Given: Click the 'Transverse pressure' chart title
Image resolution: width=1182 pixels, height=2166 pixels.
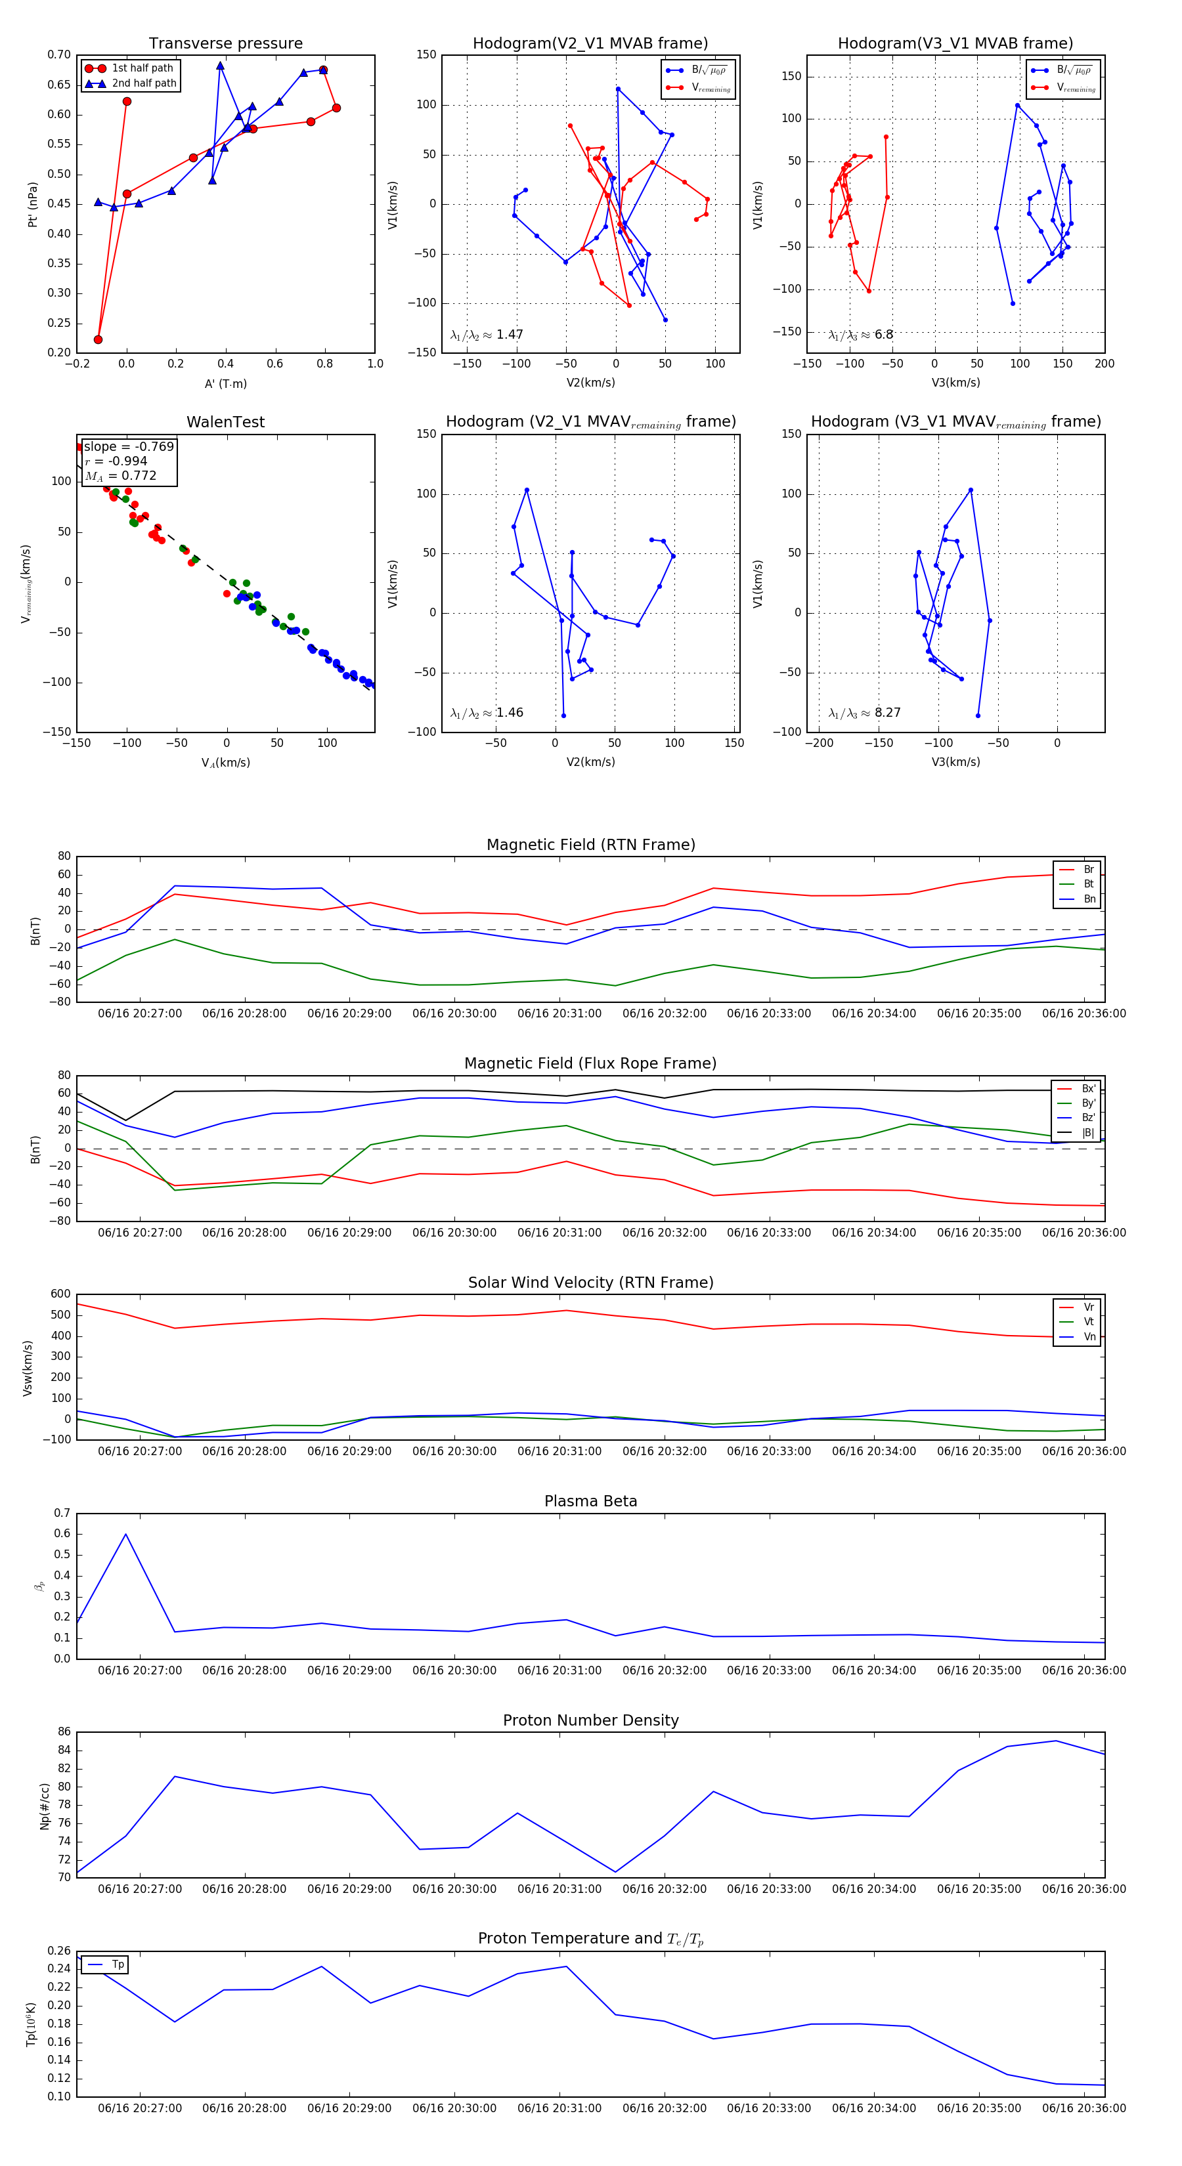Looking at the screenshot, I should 225,44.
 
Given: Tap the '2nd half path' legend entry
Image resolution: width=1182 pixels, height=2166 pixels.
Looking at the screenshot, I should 144,83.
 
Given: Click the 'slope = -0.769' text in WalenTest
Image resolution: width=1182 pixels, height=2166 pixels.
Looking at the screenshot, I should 129,446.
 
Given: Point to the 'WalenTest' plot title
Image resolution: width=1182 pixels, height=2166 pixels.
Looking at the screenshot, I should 225,422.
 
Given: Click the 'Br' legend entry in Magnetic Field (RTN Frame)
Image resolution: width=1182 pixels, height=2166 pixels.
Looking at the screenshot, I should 1089,870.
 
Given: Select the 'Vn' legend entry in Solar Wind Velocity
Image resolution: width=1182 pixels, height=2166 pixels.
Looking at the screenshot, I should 1089,1336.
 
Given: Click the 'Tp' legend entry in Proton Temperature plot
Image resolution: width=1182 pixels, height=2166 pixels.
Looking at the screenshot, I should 118,1964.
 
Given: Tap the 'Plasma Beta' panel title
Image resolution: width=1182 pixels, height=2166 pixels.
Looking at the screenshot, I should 590,1501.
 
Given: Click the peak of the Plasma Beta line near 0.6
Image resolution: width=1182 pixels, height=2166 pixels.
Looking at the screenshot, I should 126,1534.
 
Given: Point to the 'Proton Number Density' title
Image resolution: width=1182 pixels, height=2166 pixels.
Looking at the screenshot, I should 590,1720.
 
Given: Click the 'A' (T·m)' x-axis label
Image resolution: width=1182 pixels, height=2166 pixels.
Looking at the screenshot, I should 225,383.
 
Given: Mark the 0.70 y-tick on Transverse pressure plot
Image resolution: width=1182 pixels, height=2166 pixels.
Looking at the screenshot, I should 59,54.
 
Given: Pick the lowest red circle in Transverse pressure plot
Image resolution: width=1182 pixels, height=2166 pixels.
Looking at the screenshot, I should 98,340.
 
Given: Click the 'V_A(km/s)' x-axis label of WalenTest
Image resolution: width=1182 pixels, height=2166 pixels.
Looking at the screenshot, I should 225,763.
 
